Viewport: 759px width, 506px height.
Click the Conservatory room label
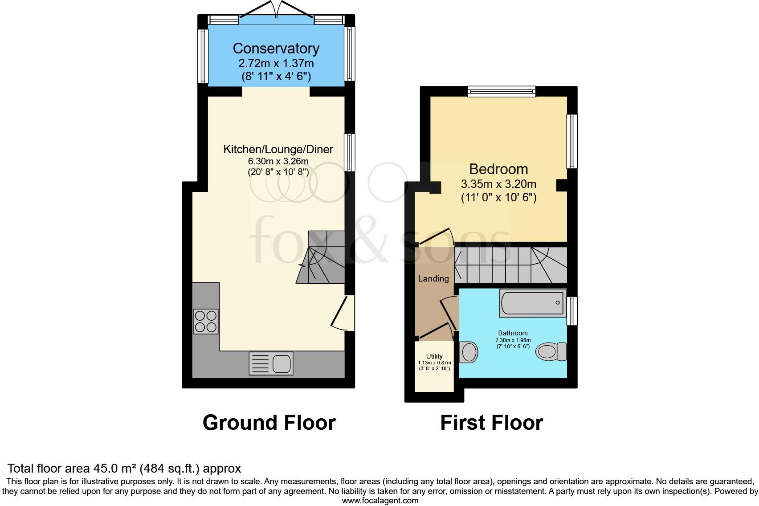click(276, 48)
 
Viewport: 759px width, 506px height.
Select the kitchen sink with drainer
click(271, 363)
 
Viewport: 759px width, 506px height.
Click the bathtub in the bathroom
click(532, 303)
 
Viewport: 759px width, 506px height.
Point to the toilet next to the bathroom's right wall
click(551, 352)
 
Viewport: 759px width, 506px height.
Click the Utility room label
click(434, 356)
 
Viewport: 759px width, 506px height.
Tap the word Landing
click(433, 279)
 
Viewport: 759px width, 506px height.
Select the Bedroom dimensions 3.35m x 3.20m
click(498, 184)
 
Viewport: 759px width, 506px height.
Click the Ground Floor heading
click(269, 423)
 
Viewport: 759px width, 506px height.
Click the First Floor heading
click(491, 423)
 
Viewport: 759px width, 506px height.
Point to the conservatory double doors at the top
click(276, 13)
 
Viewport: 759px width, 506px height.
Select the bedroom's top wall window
click(501, 92)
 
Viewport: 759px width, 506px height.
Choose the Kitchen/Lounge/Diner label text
click(278, 150)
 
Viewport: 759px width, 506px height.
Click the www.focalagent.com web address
click(380, 501)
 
